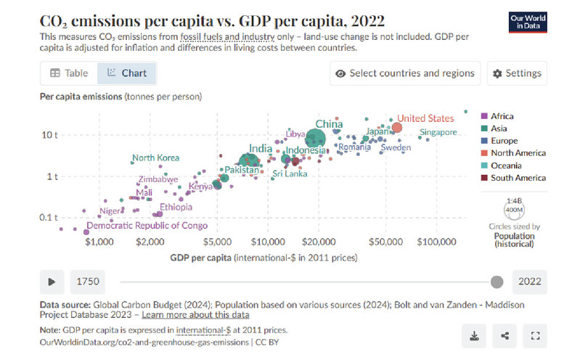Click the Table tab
click(69, 73)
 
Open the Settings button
click(517, 73)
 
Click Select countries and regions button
click(405, 73)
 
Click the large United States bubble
click(396, 128)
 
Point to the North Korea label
click(155, 158)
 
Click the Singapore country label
click(438, 132)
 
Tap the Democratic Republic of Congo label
click(147, 226)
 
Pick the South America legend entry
click(518, 178)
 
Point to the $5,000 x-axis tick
click(216, 241)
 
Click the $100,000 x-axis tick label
click(437, 241)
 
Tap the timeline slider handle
click(497, 282)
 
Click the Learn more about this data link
click(196, 315)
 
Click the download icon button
click(474, 335)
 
